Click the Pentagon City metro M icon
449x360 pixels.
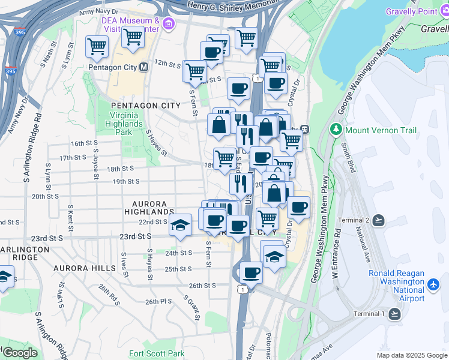(x=143, y=67)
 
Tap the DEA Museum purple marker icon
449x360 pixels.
(x=168, y=25)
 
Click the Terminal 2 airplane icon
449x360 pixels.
(x=378, y=221)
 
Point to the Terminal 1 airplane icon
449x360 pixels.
(x=394, y=314)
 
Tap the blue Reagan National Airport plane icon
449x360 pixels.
(x=433, y=283)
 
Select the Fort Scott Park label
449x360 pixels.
(x=157, y=354)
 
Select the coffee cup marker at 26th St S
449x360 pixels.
(x=251, y=273)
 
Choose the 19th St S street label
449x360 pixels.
(x=126, y=181)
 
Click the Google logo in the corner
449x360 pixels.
(x=19, y=353)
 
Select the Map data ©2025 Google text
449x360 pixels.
(x=411, y=355)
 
